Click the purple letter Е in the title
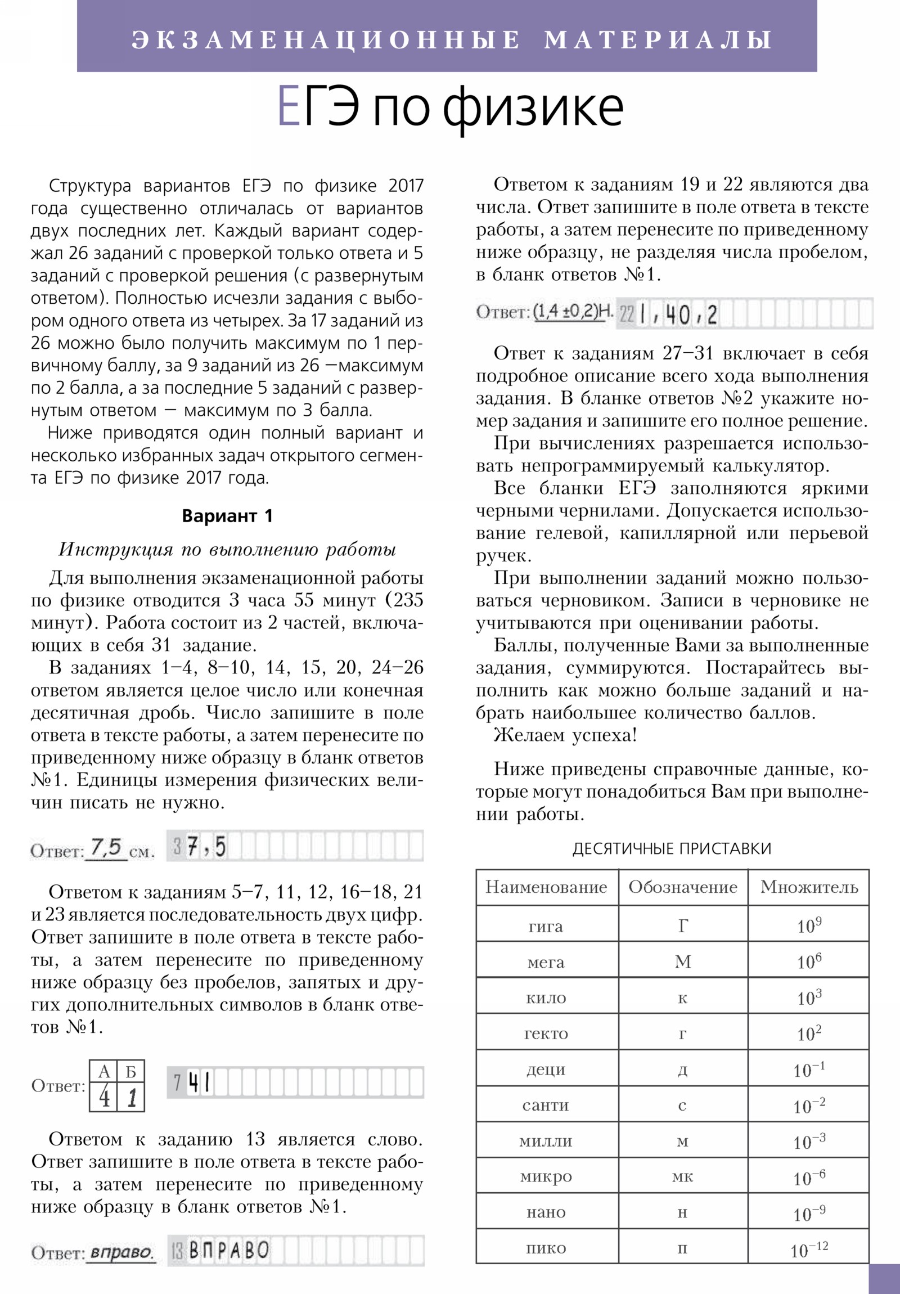289,107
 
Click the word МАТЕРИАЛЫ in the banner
658,40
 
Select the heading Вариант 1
227,516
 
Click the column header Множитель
809,888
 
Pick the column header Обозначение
682,888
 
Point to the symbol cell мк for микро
682,1177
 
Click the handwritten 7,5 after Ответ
107,847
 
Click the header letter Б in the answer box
130,1071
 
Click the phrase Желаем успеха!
565,735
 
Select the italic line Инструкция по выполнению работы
227,549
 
